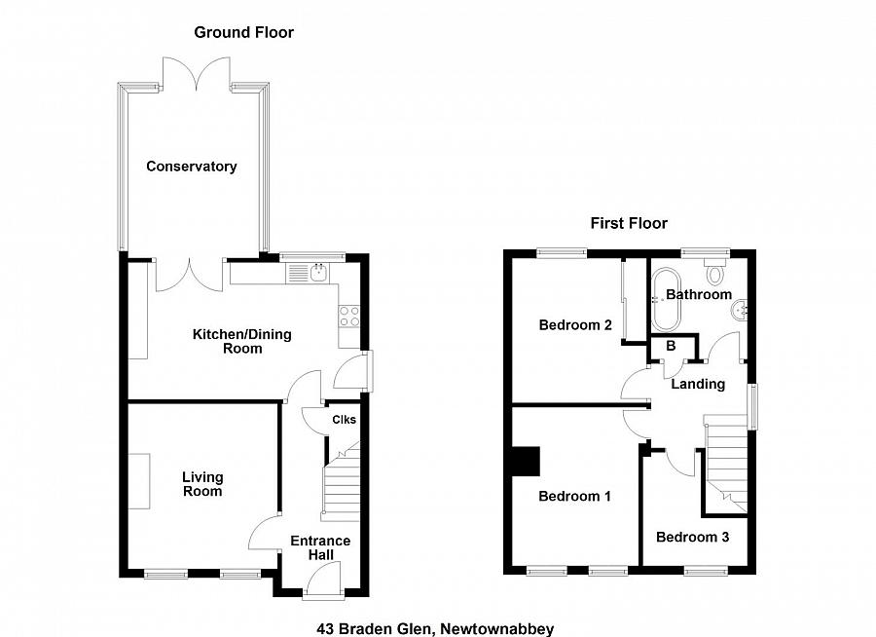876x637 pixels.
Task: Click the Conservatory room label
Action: click(x=191, y=167)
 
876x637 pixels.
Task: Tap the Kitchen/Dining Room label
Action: click(x=241, y=341)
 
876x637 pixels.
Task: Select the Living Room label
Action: click(x=202, y=484)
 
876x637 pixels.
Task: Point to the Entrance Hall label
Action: click(x=320, y=547)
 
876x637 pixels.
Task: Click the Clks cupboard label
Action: click(x=345, y=420)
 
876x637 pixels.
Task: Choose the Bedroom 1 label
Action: click(x=574, y=496)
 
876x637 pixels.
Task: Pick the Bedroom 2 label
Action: click(x=574, y=325)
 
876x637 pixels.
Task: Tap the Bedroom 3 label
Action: click(x=692, y=537)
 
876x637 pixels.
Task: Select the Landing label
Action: click(x=698, y=384)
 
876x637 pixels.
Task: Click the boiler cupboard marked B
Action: click(x=671, y=346)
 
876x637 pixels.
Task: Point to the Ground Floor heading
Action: click(x=243, y=32)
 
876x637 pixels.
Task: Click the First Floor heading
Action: click(x=629, y=223)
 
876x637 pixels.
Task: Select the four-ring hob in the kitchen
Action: click(x=349, y=317)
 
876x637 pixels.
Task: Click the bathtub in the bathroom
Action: click(x=669, y=297)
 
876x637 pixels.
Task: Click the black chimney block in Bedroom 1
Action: click(x=526, y=461)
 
